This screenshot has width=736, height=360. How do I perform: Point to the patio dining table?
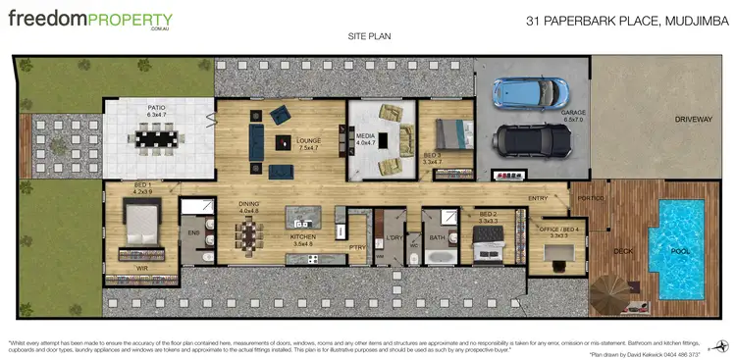(x=156, y=141)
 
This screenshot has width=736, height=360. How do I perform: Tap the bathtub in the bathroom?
(x=438, y=256)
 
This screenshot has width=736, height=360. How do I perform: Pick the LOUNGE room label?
(x=309, y=140)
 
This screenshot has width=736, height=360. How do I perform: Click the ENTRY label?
(x=538, y=198)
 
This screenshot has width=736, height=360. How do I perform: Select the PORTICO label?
(x=591, y=198)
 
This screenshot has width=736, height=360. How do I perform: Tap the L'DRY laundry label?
(x=394, y=236)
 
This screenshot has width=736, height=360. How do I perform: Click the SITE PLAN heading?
(x=370, y=34)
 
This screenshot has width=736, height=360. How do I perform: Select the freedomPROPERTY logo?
(x=90, y=20)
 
